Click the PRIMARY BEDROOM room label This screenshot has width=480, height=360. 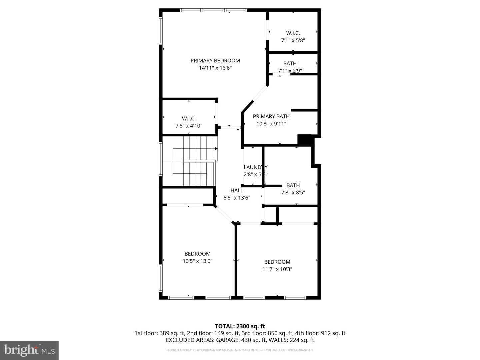coord(215,60)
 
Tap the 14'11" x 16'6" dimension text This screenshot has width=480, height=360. coord(215,68)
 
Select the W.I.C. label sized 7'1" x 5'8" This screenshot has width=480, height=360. coord(293,33)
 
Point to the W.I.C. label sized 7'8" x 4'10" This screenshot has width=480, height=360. coord(189,118)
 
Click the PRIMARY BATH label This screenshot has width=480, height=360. coord(271,116)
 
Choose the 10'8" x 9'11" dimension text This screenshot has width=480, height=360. coord(271,124)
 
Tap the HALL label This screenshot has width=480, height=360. coord(237,190)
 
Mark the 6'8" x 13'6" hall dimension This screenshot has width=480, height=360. coord(237,198)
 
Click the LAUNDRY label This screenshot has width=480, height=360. coord(255,167)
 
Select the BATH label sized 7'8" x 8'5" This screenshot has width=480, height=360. coord(293,185)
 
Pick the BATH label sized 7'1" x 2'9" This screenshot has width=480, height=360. coord(290,63)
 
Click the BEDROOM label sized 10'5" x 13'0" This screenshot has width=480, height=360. coord(197,254)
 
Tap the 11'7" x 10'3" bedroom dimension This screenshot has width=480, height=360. coord(277,269)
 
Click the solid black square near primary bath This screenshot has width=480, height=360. coord(304,140)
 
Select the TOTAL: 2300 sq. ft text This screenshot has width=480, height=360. coord(240,326)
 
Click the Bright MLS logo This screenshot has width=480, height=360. coord(29,350)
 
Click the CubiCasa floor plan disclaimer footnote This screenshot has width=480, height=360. coord(240,350)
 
